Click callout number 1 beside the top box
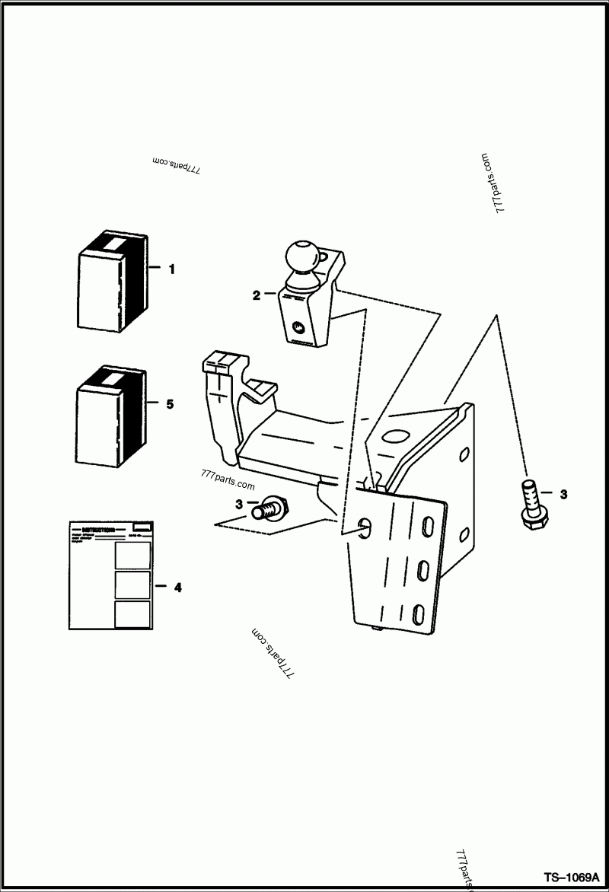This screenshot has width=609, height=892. click(171, 269)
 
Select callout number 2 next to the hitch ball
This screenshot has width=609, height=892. click(257, 294)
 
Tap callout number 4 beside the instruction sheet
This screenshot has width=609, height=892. click(177, 587)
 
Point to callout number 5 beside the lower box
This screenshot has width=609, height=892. click(169, 404)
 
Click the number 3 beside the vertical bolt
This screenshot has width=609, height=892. click(563, 495)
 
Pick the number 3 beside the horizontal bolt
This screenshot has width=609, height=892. click(238, 504)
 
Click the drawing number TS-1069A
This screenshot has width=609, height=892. click(572, 875)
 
